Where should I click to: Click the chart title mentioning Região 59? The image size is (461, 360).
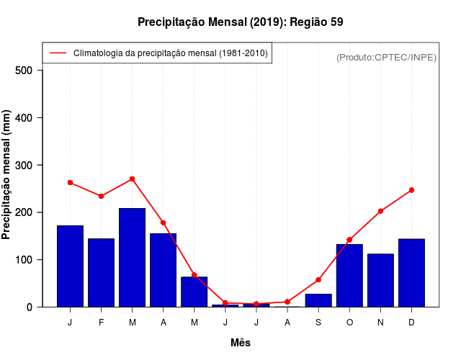(x=240, y=22)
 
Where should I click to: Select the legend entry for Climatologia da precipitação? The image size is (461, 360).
(x=170, y=53)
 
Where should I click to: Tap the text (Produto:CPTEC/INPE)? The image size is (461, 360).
(x=386, y=57)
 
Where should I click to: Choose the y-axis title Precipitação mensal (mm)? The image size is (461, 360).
(x=7, y=175)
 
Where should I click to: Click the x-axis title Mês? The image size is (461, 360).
(x=241, y=343)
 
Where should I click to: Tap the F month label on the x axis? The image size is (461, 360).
(x=102, y=323)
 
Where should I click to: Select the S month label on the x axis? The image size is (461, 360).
(x=318, y=323)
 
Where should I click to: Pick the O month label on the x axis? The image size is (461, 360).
(x=349, y=323)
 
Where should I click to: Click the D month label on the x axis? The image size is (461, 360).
(x=411, y=323)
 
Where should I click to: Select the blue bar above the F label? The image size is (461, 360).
(x=102, y=272)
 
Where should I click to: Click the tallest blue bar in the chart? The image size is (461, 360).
(x=133, y=257)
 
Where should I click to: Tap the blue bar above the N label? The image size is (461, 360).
(x=380, y=280)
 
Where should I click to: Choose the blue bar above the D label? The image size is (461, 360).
(x=411, y=272)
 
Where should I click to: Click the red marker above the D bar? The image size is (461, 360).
(x=411, y=190)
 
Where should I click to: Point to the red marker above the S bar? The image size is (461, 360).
(x=318, y=279)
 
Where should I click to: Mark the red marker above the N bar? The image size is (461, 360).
(x=380, y=211)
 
